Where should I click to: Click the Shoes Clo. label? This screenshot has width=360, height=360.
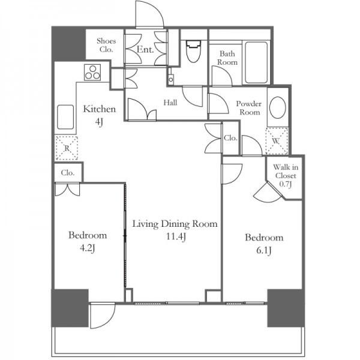click(x=106, y=45)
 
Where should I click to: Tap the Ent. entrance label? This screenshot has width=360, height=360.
click(x=145, y=49)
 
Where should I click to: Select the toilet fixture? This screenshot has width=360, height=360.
click(x=193, y=52)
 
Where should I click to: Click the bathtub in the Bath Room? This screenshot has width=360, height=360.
click(x=256, y=62)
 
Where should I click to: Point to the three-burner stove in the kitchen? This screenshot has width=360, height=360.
click(x=92, y=73)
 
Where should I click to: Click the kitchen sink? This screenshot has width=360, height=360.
click(x=65, y=117)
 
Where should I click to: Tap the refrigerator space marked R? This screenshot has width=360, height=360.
click(x=67, y=148)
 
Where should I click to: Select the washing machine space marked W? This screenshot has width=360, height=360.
click(x=277, y=141)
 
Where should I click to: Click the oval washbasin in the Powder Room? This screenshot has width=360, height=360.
click(x=278, y=107)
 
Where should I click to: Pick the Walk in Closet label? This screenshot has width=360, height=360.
click(x=286, y=176)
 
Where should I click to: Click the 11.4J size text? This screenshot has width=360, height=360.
click(x=176, y=236)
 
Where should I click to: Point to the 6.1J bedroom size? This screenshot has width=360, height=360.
click(x=264, y=250)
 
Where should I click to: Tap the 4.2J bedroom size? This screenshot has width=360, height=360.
click(x=87, y=248)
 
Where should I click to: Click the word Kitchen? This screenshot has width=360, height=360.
click(x=100, y=109)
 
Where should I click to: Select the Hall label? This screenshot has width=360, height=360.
click(x=170, y=103)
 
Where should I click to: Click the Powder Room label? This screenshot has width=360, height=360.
click(x=249, y=108)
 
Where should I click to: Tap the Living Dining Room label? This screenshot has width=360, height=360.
click(x=175, y=224)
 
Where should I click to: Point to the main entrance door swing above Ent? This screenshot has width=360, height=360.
click(x=149, y=14)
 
